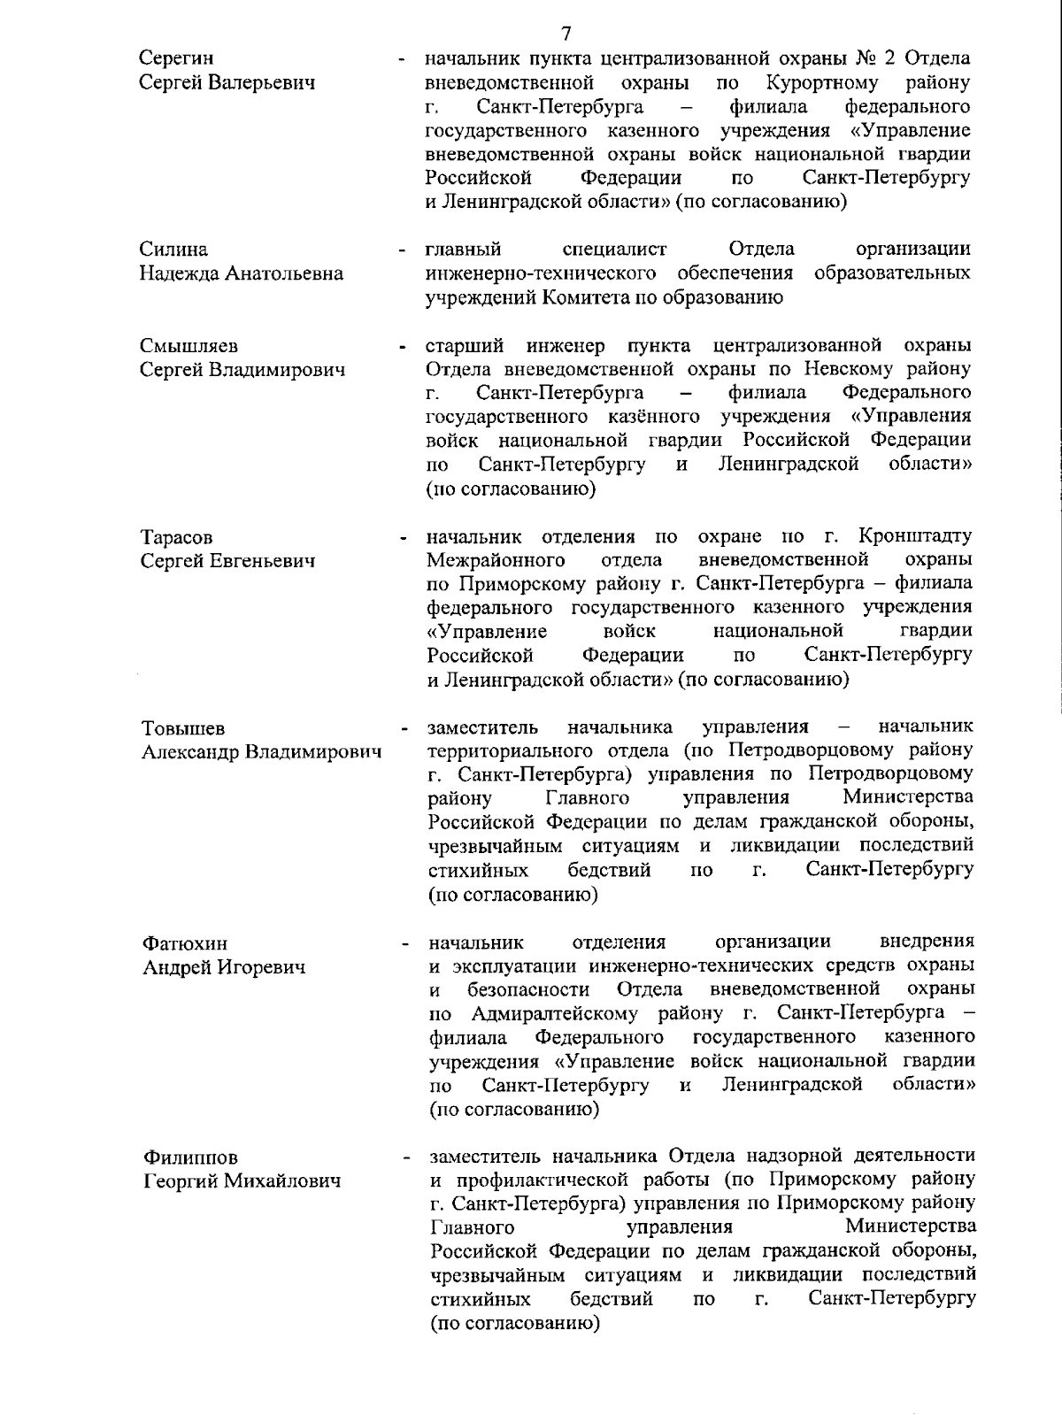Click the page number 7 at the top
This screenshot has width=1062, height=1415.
click(566, 34)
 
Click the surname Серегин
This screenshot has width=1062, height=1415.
click(177, 59)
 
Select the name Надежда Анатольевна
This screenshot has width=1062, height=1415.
click(242, 274)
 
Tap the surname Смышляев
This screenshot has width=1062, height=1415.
click(189, 346)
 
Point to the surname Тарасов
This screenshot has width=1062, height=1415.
click(177, 538)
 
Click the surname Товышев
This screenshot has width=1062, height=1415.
click(183, 729)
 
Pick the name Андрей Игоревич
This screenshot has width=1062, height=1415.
click(224, 967)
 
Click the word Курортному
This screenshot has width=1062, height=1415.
click(823, 83)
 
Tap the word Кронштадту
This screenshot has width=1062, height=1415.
click(915, 536)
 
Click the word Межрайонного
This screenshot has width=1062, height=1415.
click(496, 560)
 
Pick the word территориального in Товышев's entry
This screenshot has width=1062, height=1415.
click(506, 751)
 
